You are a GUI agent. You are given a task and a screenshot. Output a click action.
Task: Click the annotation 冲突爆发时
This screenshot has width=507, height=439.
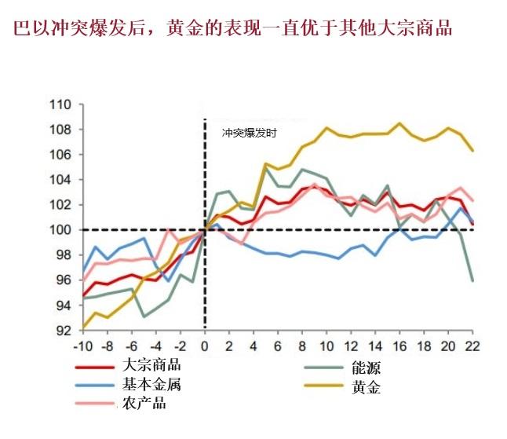coord(249,134)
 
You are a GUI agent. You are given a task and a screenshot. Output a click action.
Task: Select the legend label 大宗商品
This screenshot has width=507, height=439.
coord(152,366)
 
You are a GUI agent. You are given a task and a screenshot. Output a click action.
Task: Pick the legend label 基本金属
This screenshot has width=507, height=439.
coord(152,385)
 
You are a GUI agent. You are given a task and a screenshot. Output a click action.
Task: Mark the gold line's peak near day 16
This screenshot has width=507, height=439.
coord(400,123)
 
